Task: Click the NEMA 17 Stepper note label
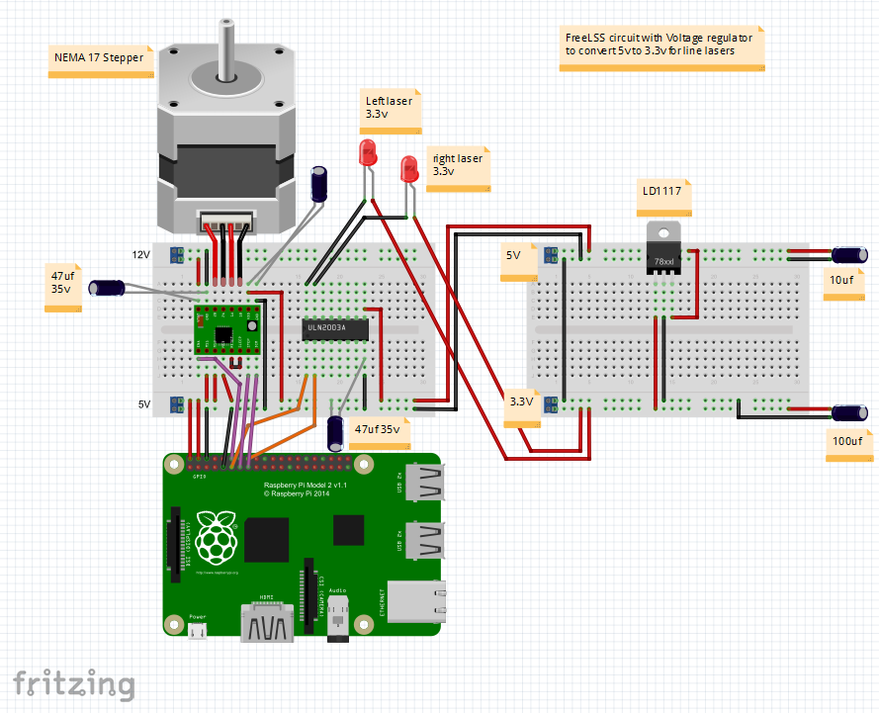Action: click(x=100, y=59)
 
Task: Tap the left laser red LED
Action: click(x=368, y=153)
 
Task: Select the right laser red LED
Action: click(x=409, y=168)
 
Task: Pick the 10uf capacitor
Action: click(x=849, y=257)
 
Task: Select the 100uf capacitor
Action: click(x=849, y=412)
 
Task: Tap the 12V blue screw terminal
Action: click(x=178, y=255)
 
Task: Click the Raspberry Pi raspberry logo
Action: click(x=219, y=538)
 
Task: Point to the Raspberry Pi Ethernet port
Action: click(x=414, y=601)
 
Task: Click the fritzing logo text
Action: click(x=73, y=683)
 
